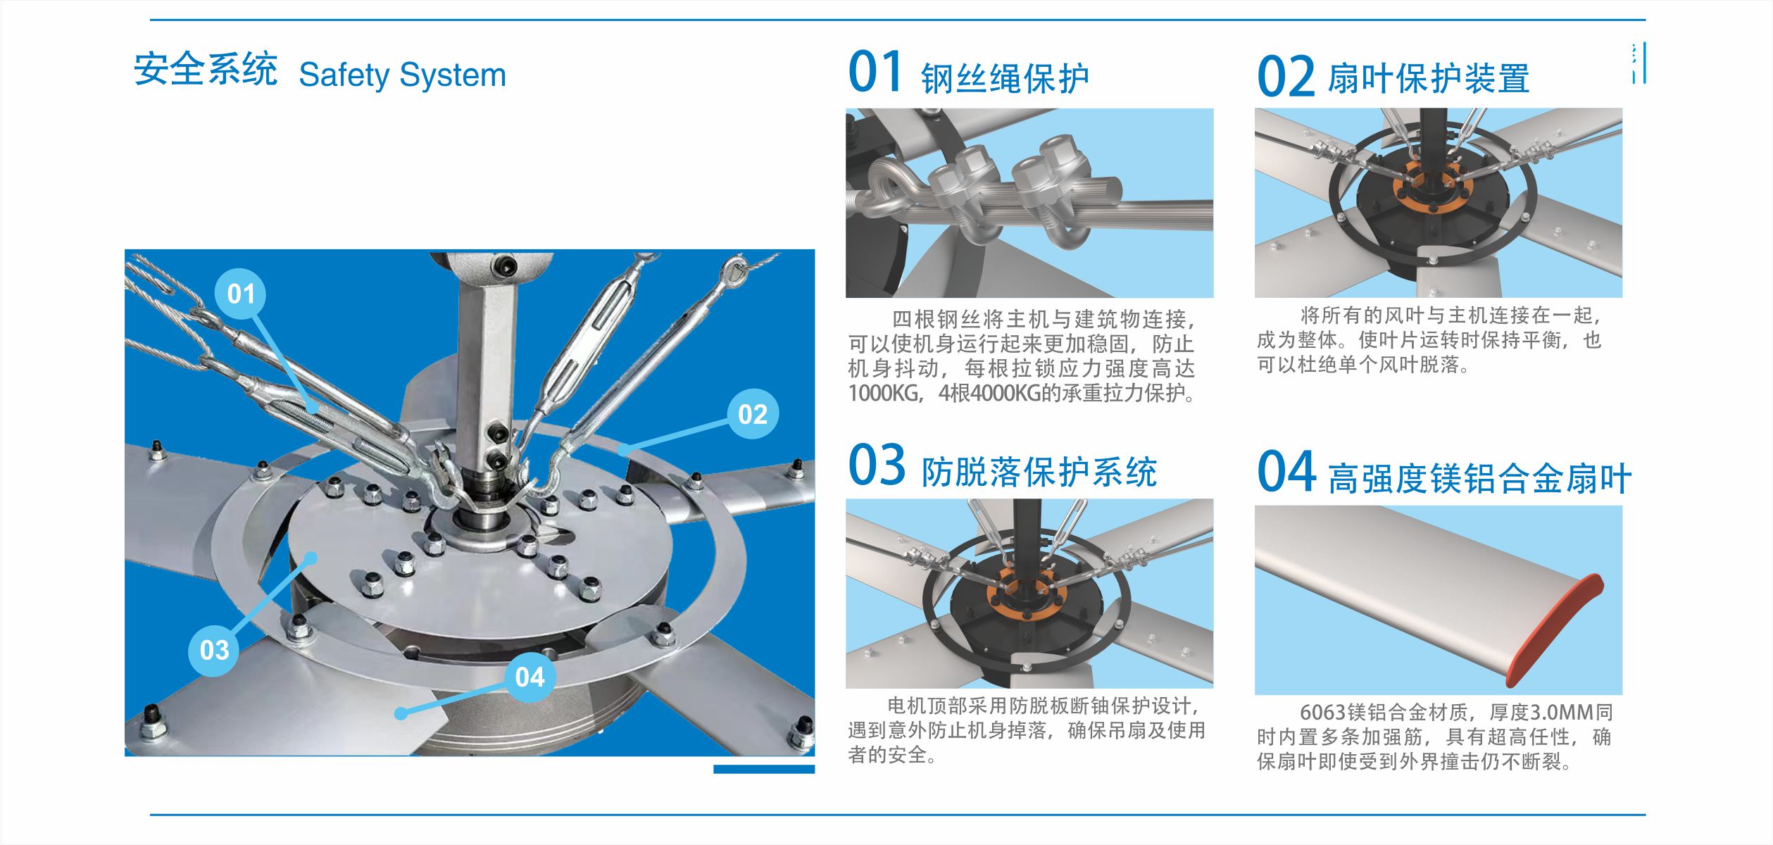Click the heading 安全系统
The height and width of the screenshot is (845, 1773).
point(206,70)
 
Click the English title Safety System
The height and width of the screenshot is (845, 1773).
point(402,75)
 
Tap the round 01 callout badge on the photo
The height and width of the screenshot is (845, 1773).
point(241,294)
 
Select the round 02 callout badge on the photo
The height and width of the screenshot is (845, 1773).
point(753,414)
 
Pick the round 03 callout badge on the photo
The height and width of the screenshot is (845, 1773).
point(214,650)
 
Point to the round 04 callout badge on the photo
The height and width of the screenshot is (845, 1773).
point(530,677)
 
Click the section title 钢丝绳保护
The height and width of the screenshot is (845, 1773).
point(1005,78)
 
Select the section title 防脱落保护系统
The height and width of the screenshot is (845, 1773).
point(1039,472)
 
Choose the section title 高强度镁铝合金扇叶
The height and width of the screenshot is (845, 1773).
point(1479,479)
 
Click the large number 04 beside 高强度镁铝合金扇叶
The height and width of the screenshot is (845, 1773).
point(1286,472)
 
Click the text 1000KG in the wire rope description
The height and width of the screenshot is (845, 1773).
point(884,393)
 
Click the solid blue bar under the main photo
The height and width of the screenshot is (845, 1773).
point(764,769)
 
